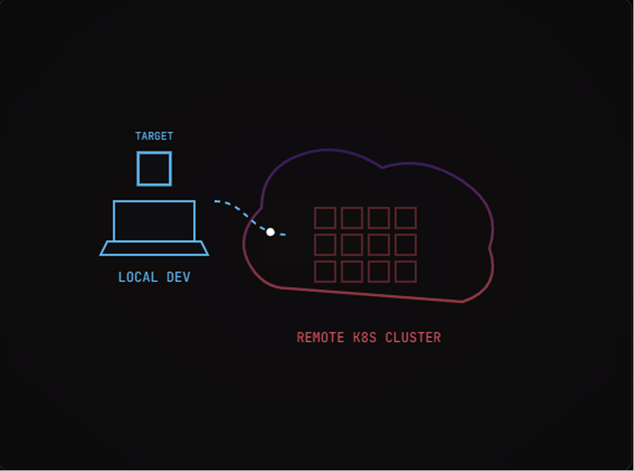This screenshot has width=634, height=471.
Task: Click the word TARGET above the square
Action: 154,136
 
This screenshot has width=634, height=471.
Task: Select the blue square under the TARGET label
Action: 154,168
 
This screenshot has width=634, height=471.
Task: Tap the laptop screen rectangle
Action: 154,221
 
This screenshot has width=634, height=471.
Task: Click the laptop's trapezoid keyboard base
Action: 154,248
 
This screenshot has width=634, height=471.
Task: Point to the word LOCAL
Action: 138,277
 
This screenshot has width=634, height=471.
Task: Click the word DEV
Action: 178,277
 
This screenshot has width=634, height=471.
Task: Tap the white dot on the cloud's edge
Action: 270,232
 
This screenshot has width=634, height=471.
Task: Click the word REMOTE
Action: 321,338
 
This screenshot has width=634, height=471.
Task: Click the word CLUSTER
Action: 413,338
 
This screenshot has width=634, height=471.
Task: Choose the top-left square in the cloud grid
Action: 325,218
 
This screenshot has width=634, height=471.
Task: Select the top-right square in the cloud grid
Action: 405,218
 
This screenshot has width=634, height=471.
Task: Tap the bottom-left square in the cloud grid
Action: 325,272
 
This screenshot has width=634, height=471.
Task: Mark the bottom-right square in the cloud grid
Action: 405,272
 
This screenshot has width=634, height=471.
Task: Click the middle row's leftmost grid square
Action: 325,245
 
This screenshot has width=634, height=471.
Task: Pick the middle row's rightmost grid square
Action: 405,245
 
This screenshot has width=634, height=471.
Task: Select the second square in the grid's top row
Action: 352,218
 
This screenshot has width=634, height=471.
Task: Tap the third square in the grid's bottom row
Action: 378,272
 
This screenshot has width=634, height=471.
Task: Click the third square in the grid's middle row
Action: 378,245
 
